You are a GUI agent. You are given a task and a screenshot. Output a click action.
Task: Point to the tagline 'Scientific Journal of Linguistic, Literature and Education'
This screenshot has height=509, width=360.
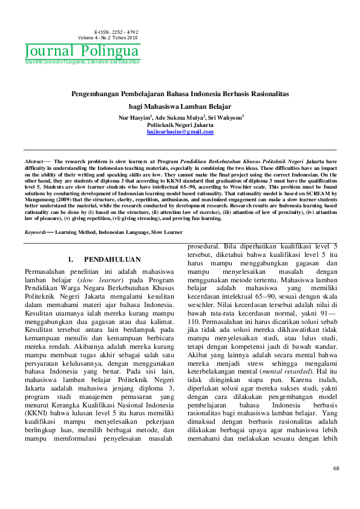click(82, 62)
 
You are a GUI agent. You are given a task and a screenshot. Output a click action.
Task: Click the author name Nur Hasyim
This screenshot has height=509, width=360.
click(133, 118)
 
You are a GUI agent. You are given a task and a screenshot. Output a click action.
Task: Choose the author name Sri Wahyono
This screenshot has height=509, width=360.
click(225, 118)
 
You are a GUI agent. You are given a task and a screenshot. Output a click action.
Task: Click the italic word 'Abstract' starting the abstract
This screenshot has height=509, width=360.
click(33, 162)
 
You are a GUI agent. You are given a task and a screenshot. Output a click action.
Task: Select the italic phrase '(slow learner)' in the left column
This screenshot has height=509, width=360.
click(94, 280)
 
